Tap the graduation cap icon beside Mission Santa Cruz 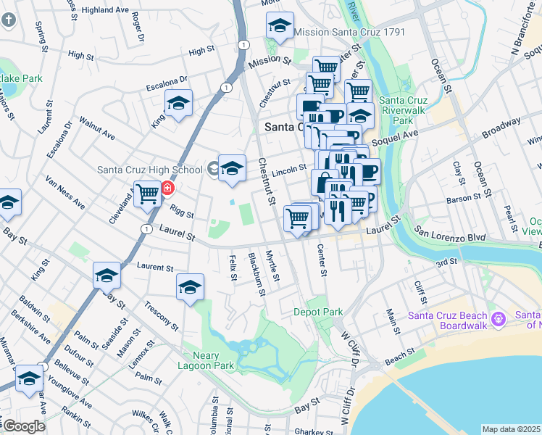pyautogui.click(x=280, y=28)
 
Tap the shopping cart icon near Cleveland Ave pyautogui.click(x=147, y=194)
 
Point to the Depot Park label pyautogui.click(x=317, y=312)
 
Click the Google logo pyautogui.click(x=23, y=426)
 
